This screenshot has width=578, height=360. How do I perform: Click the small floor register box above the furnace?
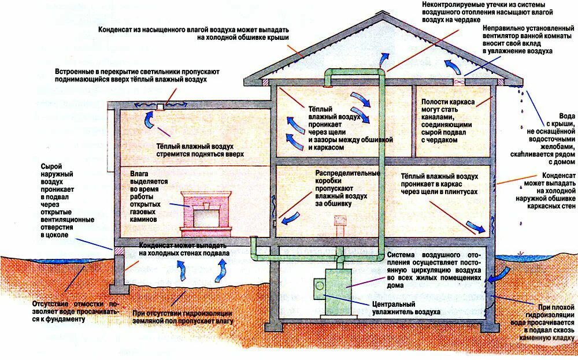(x=340, y=222)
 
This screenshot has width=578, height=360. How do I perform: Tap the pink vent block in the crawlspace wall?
(x=120, y=251)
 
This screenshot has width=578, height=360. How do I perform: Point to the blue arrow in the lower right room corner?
(x=477, y=227)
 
